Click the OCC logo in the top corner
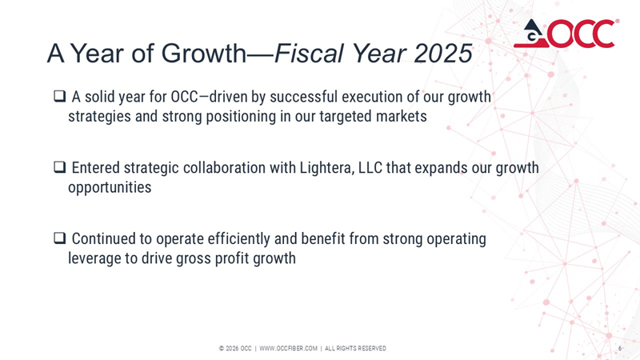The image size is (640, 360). [565, 33]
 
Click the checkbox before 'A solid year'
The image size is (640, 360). [59, 98]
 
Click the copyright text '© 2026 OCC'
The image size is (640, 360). [235, 348]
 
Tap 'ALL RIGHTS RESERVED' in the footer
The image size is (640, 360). [355, 348]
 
